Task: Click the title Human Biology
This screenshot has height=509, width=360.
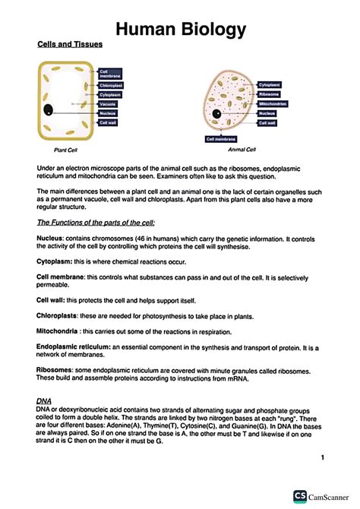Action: pos(180,29)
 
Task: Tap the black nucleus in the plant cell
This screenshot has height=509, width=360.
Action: pos(49,109)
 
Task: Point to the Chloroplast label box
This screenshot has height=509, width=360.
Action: pos(111,86)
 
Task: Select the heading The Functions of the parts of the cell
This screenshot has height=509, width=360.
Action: pos(96,222)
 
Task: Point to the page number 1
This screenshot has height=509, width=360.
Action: pos(323,457)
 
